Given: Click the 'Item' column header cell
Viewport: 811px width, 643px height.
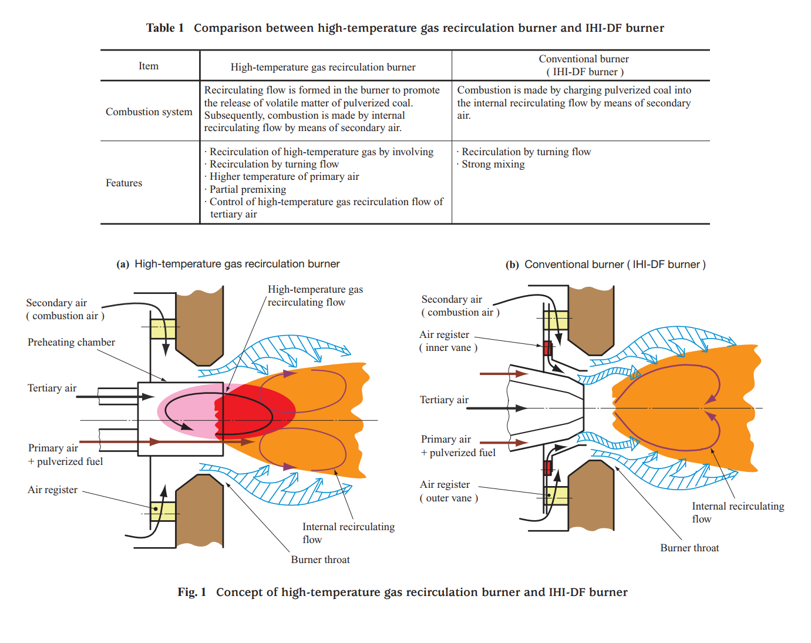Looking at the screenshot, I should click(149, 66).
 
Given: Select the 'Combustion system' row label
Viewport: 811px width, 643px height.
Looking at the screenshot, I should click(149, 112).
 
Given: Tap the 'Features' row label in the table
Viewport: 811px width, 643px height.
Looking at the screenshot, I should click(124, 183).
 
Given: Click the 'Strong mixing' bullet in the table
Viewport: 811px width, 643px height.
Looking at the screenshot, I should click(493, 165).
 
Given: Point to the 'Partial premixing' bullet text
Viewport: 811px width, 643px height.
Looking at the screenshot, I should click(247, 189).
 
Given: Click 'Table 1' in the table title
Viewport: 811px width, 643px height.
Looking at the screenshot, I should click(164, 28).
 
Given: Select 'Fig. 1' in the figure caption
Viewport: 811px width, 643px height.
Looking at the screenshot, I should click(191, 592).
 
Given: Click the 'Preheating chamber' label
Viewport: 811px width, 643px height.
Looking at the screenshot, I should click(71, 342).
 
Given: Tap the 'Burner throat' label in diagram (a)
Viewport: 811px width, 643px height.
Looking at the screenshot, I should click(320, 560).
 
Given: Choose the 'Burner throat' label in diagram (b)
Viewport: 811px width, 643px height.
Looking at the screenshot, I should click(689, 548).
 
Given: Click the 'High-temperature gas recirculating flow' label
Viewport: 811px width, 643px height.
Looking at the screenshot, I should click(315, 296).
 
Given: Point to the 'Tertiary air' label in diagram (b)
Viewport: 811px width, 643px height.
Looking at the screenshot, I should click(444, 400).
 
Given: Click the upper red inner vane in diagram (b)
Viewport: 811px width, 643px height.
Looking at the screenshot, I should click(547, 347).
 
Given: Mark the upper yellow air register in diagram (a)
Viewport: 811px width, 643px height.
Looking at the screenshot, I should click(163, 329).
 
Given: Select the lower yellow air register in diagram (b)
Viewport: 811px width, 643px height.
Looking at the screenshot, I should click(556, 495).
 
